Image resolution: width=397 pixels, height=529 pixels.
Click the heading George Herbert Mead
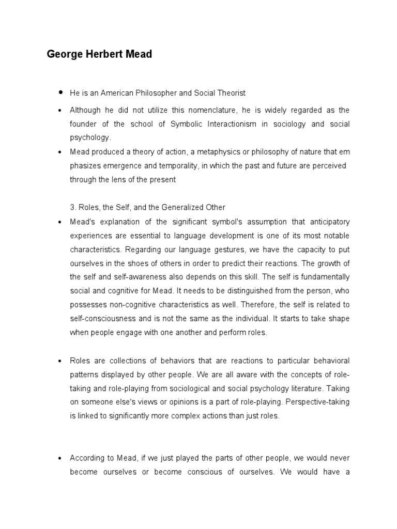[99, 54]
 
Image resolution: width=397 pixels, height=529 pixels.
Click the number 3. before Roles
[73, 207]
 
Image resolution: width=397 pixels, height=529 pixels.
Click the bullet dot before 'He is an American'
[60, 92]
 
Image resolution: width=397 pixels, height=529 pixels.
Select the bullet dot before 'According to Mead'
[60, 458]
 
